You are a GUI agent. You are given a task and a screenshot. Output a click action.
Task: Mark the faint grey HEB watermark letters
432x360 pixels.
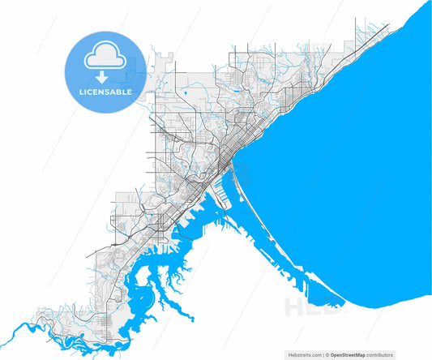304,306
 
